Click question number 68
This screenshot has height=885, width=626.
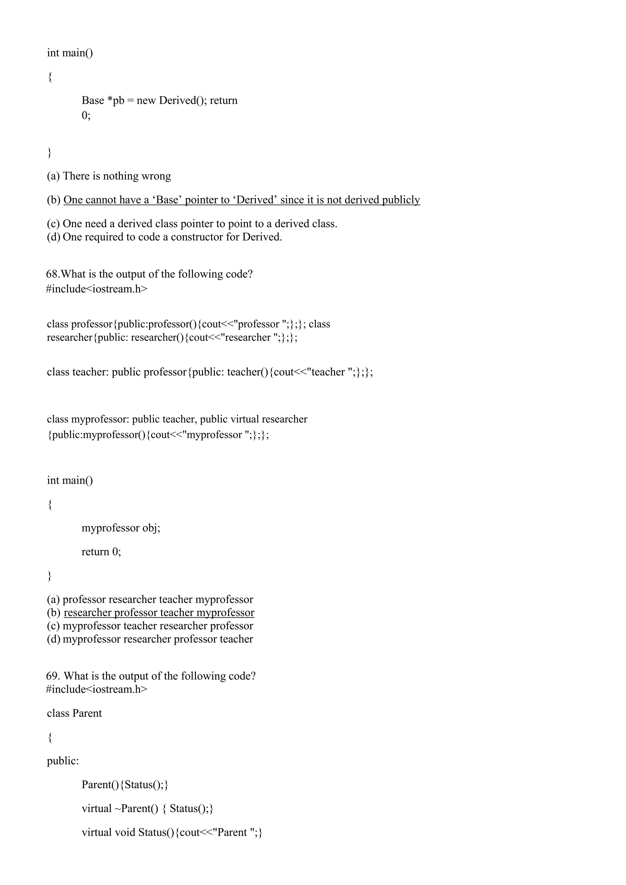(53, 274)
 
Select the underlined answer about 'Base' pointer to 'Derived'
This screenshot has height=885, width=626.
(242, 200)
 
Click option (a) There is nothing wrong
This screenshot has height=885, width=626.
(109, 176)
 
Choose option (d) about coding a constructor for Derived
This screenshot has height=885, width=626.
(164, 237)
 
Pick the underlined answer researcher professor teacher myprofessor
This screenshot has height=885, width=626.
(159, 612)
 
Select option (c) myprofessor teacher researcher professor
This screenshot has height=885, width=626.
(150, 626)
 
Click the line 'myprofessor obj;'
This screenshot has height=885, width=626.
(121, 528)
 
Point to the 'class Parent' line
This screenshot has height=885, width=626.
(74, 713)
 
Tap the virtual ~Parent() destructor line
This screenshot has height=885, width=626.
(147, 808)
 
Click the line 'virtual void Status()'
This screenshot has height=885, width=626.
(172, 832)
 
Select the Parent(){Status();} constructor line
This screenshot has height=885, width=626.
(125, 784)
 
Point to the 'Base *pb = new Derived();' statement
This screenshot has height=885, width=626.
(144, 100)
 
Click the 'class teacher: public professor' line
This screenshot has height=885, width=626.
(210, 372)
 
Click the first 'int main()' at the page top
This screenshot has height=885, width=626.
(70, 53)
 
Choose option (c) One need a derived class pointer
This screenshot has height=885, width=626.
(192, 224)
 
